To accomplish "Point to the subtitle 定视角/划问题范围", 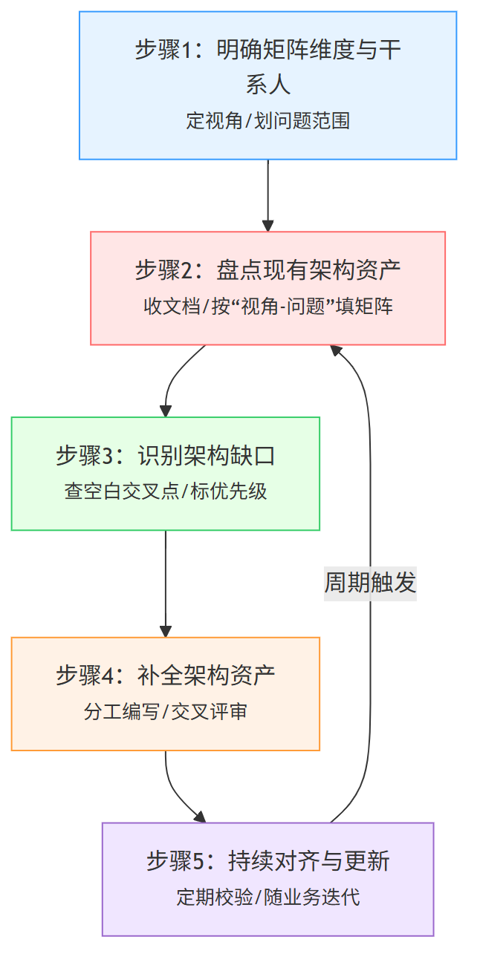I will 267,121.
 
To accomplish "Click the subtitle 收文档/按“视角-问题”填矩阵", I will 267,307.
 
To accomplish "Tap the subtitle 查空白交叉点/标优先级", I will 165,491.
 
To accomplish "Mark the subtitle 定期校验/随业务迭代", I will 267,898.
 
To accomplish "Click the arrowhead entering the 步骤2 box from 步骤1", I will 267,226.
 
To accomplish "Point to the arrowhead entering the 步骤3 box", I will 165,411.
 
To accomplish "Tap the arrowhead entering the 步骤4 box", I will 165,631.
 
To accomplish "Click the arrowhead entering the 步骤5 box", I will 200,817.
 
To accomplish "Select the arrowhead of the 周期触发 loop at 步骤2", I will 336,350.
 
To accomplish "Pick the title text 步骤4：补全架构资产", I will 165,676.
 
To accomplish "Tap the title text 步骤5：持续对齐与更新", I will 267,861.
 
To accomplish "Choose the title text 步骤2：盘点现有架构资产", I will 267,269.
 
